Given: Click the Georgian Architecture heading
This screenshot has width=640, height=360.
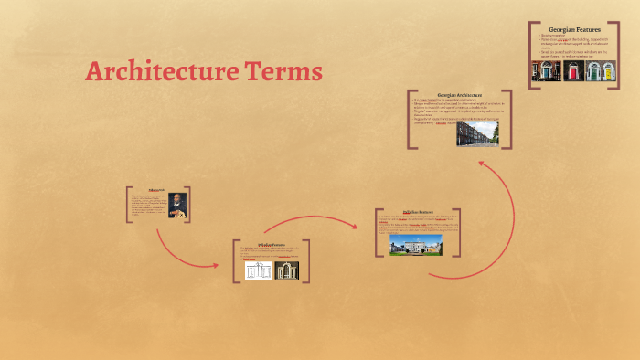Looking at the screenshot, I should pos(460,94).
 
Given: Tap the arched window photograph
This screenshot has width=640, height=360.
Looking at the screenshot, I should pos(287,270).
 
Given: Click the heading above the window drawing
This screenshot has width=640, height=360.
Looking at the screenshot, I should pos(272,244).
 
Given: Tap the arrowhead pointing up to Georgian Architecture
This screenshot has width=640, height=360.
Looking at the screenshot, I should pos(483,165).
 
